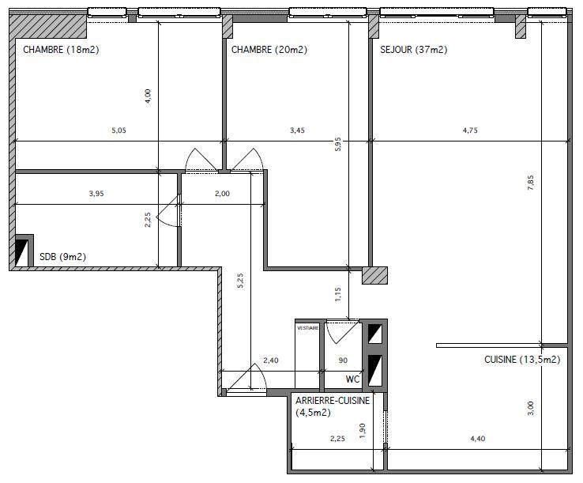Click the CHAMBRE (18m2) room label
tap(61, 50)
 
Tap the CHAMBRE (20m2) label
tap(269, 50)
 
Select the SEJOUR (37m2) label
tap(413, 50)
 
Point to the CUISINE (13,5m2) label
tap(522, 360)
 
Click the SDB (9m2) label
tap(63, 257)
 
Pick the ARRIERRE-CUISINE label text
tap(333, 400)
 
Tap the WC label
tap(352, 379)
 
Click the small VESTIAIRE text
tap(307, 328)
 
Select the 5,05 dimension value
tap(118, 130)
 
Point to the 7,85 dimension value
tap(531, 183)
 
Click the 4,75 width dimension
tap(470, 130)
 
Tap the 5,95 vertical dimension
tap(337, 144)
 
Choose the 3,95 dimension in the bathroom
tap(96, 194)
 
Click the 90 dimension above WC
tap(343, 360)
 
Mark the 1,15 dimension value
tap(337, 294)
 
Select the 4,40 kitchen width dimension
tap(478, 439)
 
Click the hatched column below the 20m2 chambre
tap(374, 275)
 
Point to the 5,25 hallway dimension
tap(240, 281)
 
